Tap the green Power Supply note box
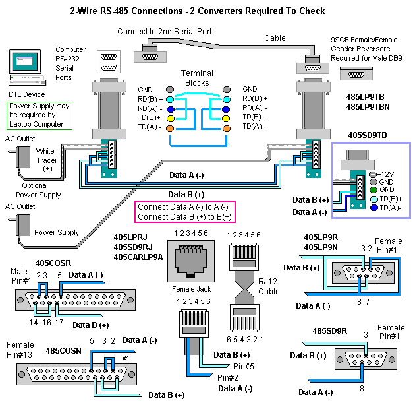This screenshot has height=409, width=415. coord(39,115)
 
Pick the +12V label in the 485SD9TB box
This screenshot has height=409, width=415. coord(389,172)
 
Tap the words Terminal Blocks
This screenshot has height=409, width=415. coord(197,79)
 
